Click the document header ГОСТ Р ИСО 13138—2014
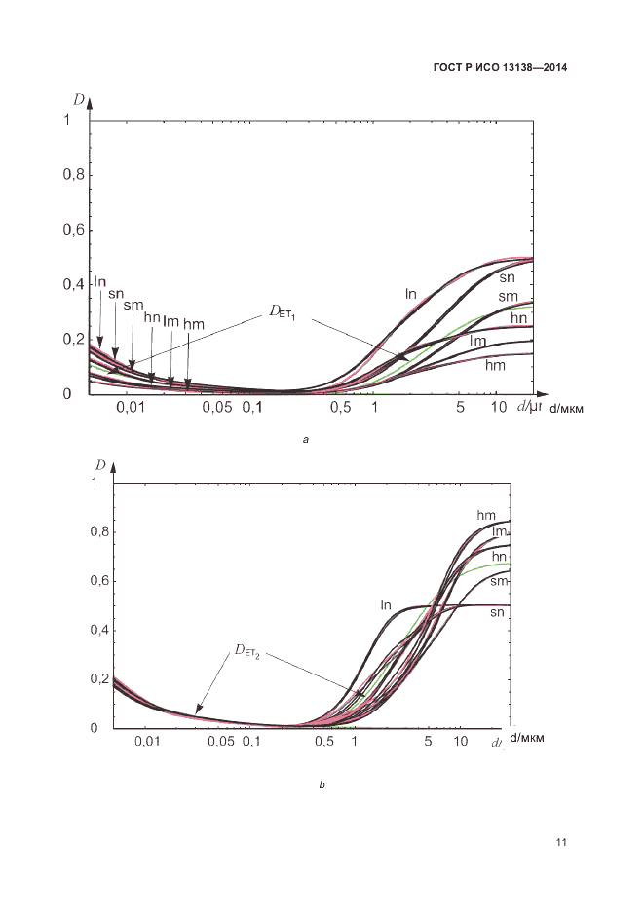click(x=499, y=68)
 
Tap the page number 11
click(x=560, y=842)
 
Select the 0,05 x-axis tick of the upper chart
click(x=217, y=406)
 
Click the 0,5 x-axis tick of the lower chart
click(x=324, y=742)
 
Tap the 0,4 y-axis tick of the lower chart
click(x=97, y=630)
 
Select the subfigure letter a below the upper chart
click(x=306, y=441)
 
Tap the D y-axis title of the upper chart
click(x=78, y=99)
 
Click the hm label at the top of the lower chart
click(x=487, y=514)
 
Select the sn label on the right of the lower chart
click(x=498, y=612)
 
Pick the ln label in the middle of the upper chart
click(x=411, y=293)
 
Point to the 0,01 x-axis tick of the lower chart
click(x=146, y=742)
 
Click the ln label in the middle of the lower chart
click(x=386, y=605)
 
